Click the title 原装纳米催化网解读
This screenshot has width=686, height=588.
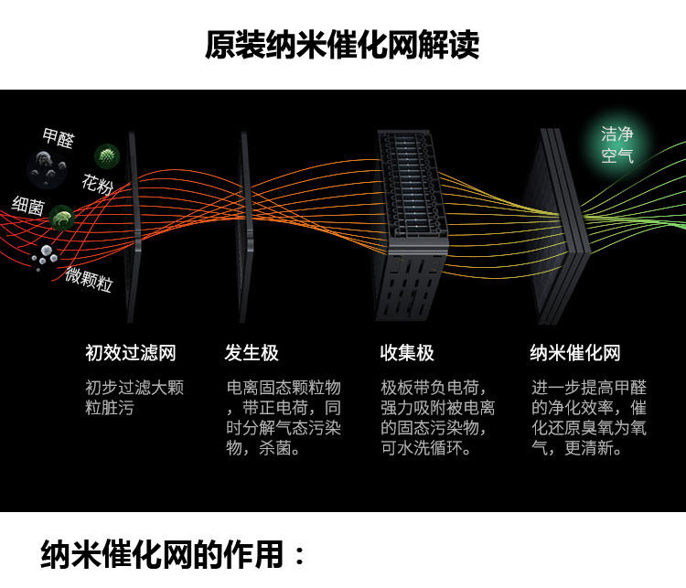point(342,45)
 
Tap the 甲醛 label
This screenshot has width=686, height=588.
point(59,138)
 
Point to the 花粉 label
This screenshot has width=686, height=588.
point(97,186)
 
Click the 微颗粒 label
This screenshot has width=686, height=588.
point(89,279)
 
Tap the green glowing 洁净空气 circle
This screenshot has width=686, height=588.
point(616,144)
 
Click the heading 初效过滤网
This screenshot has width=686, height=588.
point(130,353)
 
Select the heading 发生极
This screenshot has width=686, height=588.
point(252,353)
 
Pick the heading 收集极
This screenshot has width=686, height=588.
point(407,353)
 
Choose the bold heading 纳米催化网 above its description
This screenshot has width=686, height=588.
point(575,353)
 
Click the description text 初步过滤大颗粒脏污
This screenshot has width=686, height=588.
point(134,398)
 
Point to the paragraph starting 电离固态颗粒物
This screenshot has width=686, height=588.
point(284,418)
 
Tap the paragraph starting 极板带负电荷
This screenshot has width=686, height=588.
point(438,418)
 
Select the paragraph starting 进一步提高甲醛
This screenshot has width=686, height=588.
point(589,418)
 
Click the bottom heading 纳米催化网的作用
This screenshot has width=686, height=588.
point(174,554)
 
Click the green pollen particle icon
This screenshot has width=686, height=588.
point(107,156)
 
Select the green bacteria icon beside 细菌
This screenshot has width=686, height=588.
point(62,218)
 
